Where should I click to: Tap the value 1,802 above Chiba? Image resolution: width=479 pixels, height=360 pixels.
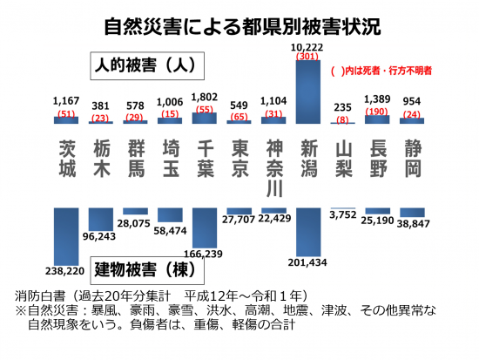pos(205,99)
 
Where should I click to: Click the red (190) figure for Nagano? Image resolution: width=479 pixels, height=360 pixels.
pos(377,112)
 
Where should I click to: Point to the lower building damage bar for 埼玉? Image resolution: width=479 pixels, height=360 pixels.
pos(171,214)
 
